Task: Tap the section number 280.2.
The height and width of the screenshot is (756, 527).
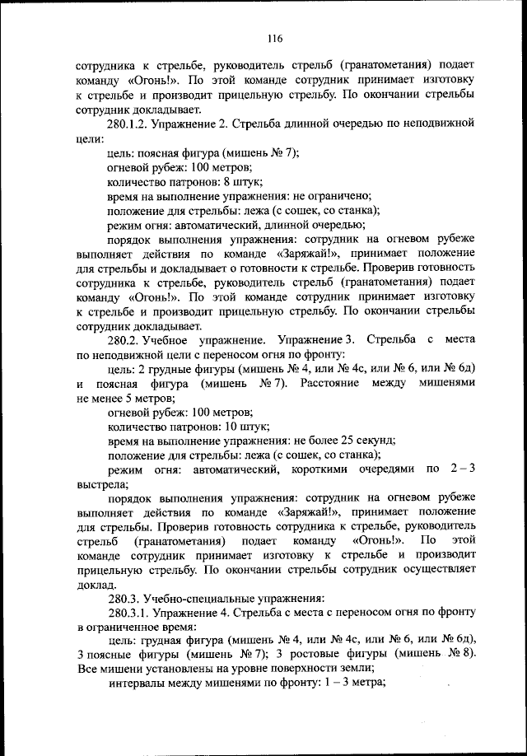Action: [x=125, y=339]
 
